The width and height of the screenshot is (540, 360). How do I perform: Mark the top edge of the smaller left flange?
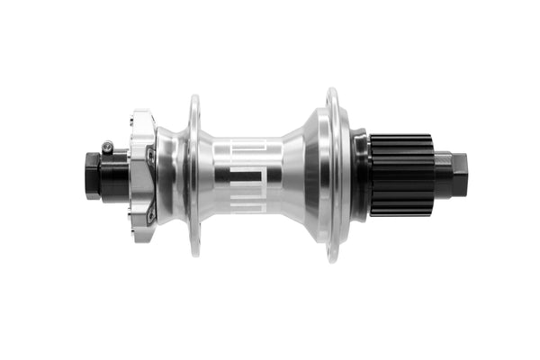193,98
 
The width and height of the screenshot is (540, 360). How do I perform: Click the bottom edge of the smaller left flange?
193,252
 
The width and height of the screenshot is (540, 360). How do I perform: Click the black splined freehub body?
400,175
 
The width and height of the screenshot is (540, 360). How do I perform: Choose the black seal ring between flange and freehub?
359,175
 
